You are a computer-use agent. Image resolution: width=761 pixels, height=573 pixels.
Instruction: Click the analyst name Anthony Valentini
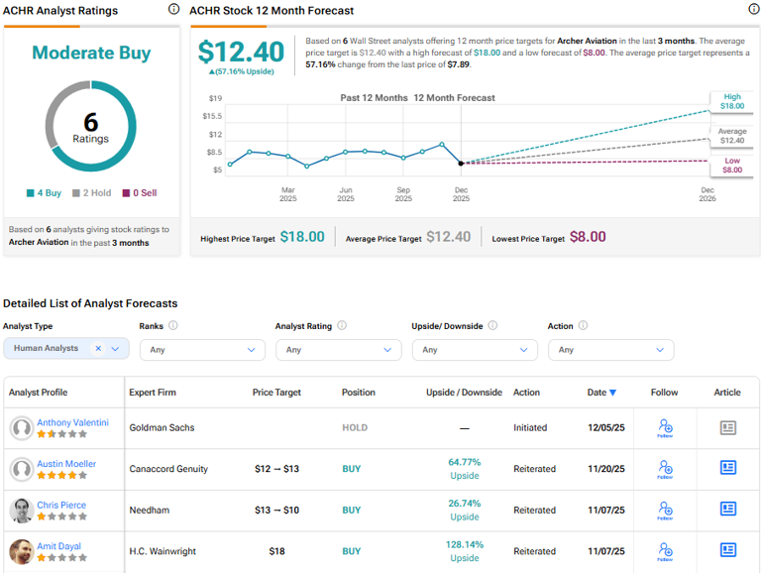[x=72, y=422]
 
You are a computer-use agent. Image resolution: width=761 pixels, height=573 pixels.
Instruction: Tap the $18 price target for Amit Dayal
[x=276, y=551]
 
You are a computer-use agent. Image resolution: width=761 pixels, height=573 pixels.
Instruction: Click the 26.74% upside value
[x=464, y=504]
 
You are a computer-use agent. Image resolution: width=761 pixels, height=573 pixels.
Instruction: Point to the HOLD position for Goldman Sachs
[x=354, y=428]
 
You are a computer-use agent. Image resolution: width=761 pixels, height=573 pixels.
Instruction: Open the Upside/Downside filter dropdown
[x=475, y=350]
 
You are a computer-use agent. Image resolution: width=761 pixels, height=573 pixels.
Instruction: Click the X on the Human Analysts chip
[x=98, y=349]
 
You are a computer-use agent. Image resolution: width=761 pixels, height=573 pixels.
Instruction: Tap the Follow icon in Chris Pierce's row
[x=665, y=511]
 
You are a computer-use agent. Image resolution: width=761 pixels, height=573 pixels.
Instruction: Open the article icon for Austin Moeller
[x=727, y=469]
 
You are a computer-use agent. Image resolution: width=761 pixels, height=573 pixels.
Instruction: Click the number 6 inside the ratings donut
[x=91, y=121]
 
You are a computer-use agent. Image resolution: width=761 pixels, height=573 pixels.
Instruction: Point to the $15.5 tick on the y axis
[x=213, y=116]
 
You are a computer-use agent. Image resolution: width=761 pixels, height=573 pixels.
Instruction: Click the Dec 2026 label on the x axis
[x=707, y=194]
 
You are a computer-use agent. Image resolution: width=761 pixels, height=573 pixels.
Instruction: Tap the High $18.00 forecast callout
[x=731, y=100]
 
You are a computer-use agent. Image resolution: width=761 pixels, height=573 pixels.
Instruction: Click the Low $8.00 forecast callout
[x=731, y=165]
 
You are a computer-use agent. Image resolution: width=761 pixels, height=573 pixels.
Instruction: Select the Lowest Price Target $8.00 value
[x=588, y=237]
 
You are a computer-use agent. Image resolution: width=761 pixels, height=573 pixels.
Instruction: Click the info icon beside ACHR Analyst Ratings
[x=173, y=10]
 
